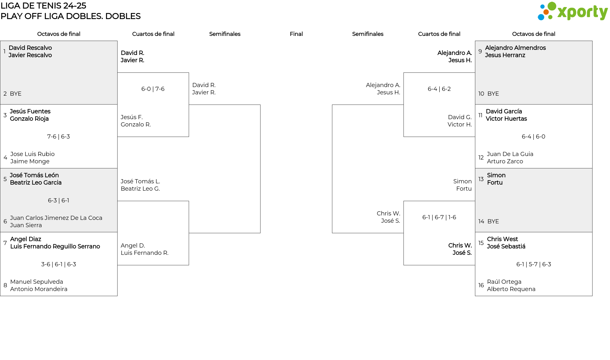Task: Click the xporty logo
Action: tap(573, 11)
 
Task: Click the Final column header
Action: tap(296, 34)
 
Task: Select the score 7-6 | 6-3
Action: tap(58, 137)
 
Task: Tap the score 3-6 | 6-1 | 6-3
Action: tap(58, 264)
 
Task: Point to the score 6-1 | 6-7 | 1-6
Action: tap(439, 217)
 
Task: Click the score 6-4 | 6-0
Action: tap(533, 137)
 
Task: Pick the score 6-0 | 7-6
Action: tap(153, 89)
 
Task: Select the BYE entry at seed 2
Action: tap(16, 94)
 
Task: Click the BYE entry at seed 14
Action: tap(493, 221)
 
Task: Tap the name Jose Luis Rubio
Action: tap(32, 154)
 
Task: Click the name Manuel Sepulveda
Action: tap(37, 282)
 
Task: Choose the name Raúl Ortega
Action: tap(504, 282)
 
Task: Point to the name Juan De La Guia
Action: tap(510, 154)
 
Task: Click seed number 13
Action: tap(481, 179)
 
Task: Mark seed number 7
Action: tap(5, 243)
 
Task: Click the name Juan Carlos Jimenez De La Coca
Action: tap(56, 218)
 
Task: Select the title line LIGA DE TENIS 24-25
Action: tap(43, 6)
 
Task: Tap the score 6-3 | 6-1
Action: tap(58, 200)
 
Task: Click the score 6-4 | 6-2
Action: tap(439, 89)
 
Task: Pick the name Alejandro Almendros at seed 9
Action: tap(515, 48)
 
